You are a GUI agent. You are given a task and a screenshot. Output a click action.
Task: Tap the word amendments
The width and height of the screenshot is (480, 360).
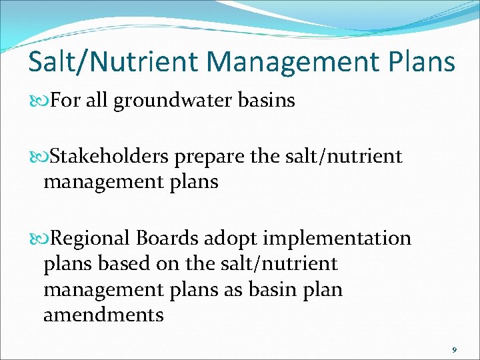(x=103, y=315)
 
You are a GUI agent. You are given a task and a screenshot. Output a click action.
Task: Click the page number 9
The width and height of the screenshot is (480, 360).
(x=454, y=350)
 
